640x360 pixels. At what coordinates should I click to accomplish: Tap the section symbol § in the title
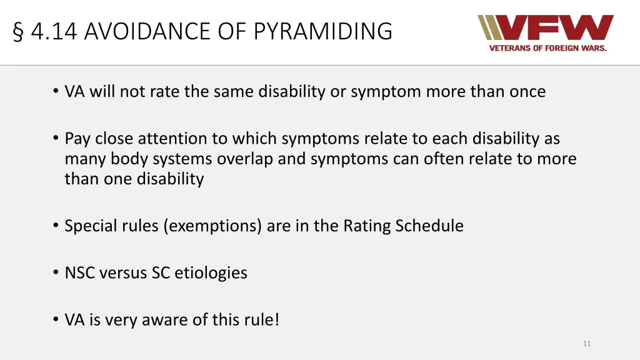click(18, 31)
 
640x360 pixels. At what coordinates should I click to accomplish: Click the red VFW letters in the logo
click(557, 28)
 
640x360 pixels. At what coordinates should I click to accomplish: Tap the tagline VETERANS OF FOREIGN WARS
click(547, 48)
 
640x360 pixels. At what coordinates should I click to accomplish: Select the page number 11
click(586, 343)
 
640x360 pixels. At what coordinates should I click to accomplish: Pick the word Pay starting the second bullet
click(78, 139)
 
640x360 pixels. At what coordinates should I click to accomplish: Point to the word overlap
click(244, 159)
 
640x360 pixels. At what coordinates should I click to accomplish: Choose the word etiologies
click(211, 273)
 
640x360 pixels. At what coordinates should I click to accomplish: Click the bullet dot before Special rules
click(56, 226)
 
